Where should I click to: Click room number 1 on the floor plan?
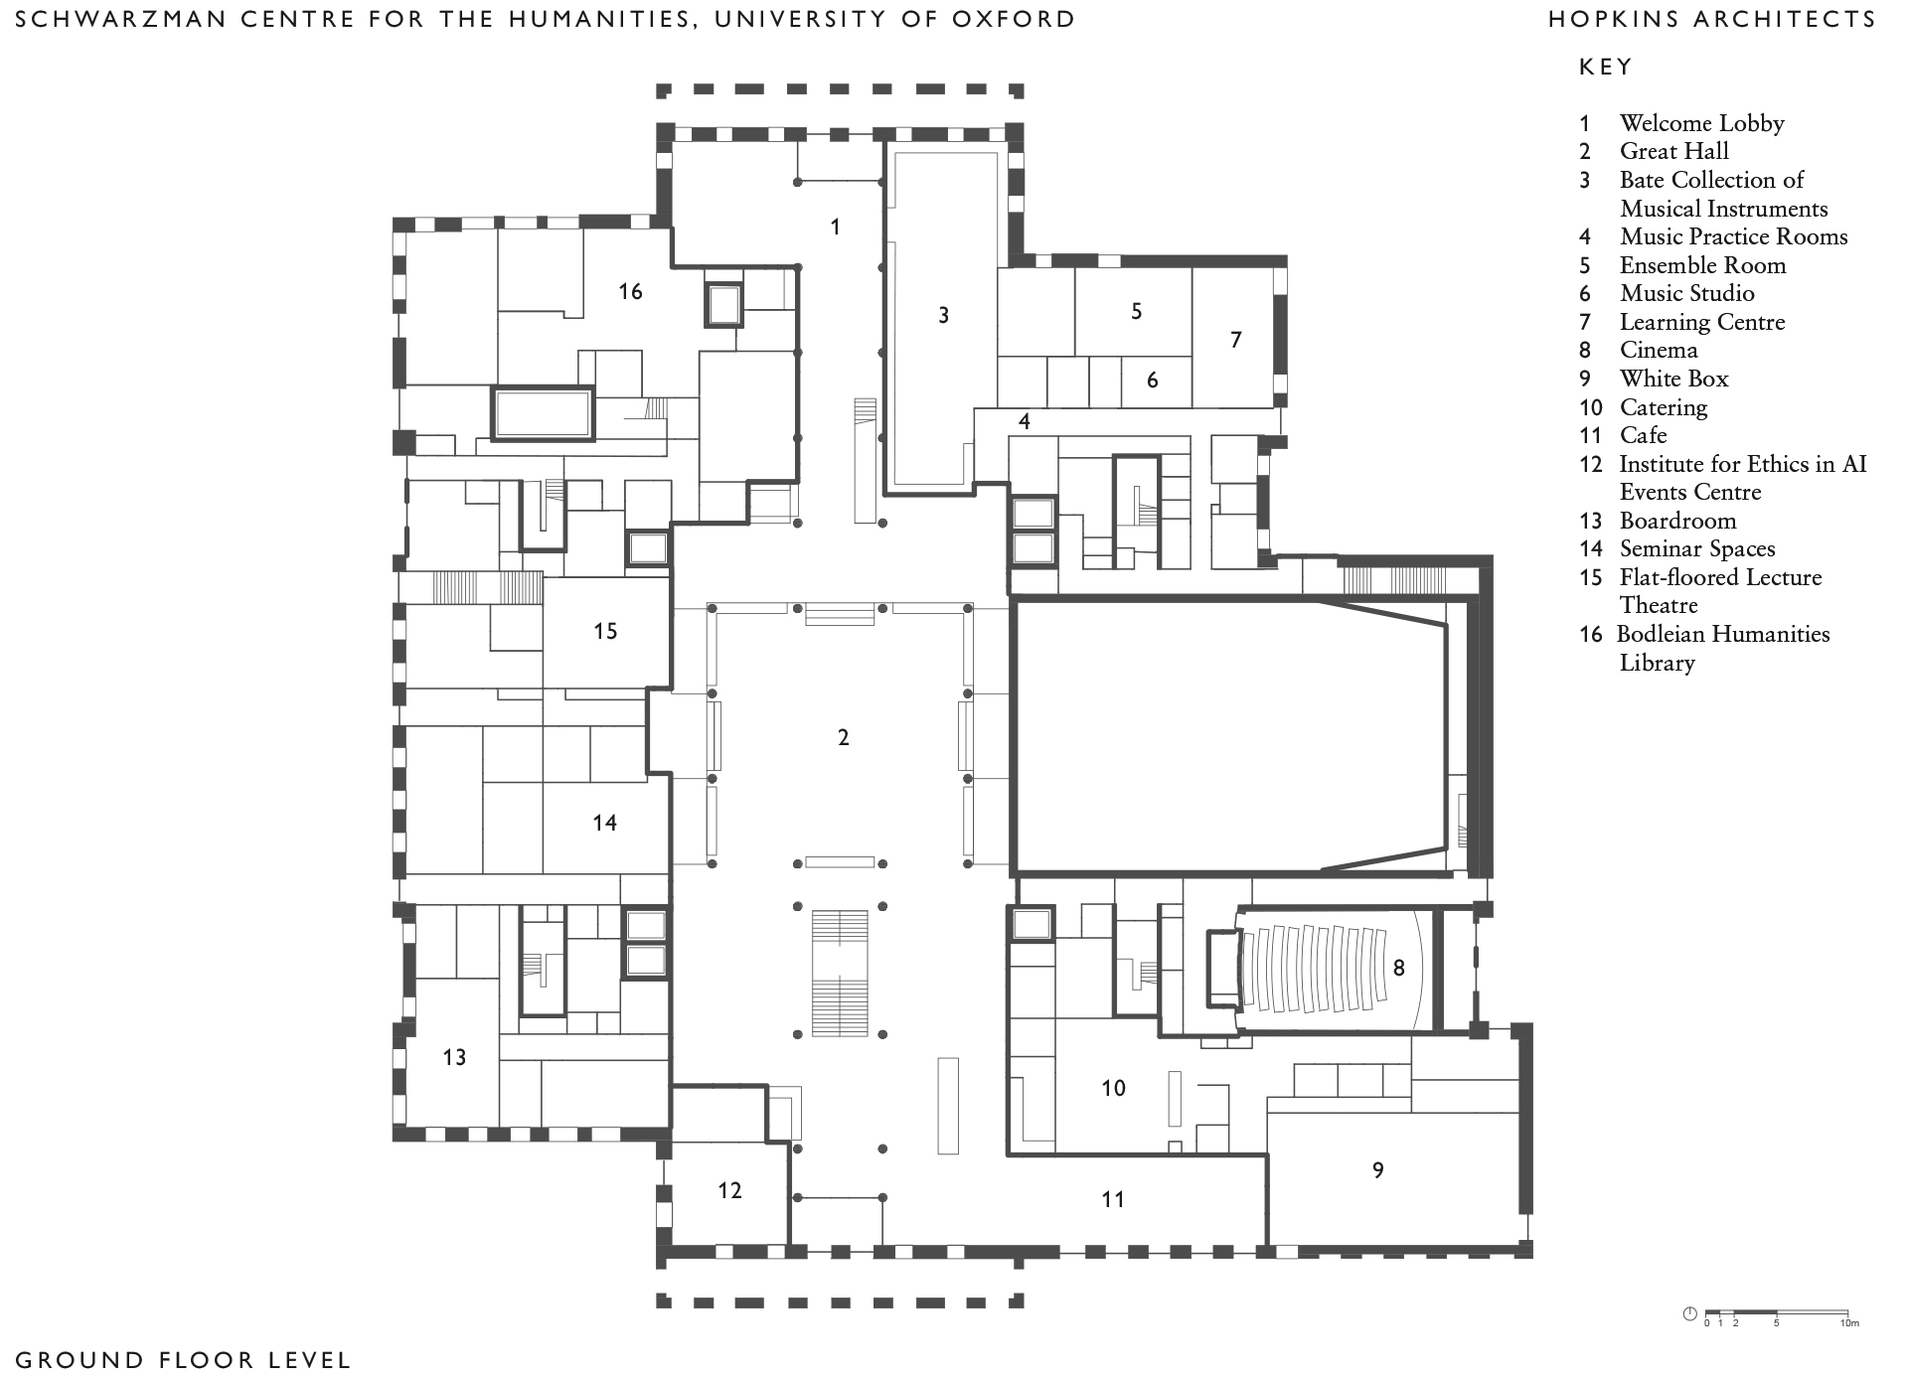pos(836,228)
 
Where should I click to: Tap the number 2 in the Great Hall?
pos(844,737)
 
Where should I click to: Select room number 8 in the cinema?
pos(1398,968)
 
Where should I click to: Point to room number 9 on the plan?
pos(1377,1170)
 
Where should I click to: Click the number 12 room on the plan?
pos(729,1190)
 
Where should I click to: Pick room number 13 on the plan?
pos(454,1057)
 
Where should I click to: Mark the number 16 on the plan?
pos(630,291)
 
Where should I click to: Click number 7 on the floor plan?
pos(1236,340)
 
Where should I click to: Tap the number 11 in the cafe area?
pos(1113,1199)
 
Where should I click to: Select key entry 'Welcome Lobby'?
pos(1701,123)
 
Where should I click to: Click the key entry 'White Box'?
pos(1673,379)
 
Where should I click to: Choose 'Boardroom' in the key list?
pos(1677,521)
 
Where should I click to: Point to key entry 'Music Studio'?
pos(1686,293)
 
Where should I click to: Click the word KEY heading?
pos(1606,68)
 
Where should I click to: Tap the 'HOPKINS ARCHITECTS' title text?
pos(1712,19)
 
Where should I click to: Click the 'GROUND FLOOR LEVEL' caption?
pos(184,1359)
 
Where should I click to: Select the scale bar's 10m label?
pos(1848,1323)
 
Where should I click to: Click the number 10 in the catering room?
pos(1113,1088)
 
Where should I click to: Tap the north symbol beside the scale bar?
pos(1690,1314)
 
